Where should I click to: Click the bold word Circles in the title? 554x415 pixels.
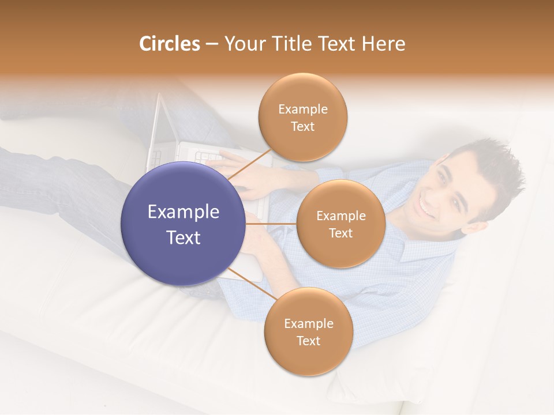coord(169,44)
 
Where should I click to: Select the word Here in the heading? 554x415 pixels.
coord(384,44)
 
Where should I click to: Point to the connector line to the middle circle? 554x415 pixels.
coord(271,224)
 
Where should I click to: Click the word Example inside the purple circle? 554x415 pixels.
coord(184,212)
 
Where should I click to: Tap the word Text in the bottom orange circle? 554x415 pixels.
coord(308,341)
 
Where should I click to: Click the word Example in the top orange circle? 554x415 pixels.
coord(303,110)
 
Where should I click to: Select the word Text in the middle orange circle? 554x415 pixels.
coord(340,233)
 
